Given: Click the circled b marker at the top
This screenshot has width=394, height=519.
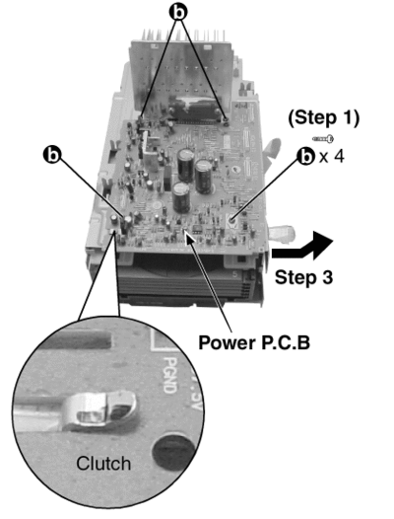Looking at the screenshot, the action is (x=178, y=13).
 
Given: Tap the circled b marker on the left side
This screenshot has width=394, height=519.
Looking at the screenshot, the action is (x=52, y=155).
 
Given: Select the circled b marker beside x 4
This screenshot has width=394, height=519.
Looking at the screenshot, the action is (x=305, y=156).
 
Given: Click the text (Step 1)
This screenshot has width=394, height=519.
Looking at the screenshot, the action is (x=324, y=118).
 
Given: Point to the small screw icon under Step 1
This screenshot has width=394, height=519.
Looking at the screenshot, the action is (x=323, y=138).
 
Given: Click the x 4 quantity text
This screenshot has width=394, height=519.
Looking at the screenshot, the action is (x=332, y=156).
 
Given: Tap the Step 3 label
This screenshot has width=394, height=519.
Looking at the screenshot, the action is (x=303, y=276).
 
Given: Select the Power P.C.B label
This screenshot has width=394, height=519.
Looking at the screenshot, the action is (x=254, y=342).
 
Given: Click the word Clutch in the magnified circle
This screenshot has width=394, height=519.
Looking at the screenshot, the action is (x=103, y=463).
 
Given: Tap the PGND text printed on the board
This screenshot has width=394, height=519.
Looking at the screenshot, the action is (x=169, y=375).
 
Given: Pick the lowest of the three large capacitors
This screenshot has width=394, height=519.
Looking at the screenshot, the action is (x=181, y=197).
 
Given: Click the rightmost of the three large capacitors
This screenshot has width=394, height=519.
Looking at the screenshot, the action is (x=204, y=176).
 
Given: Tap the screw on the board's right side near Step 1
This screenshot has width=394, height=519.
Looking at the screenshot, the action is (x=232, y=218).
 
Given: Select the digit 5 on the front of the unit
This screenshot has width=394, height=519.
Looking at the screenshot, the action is (x=235, y=273).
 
